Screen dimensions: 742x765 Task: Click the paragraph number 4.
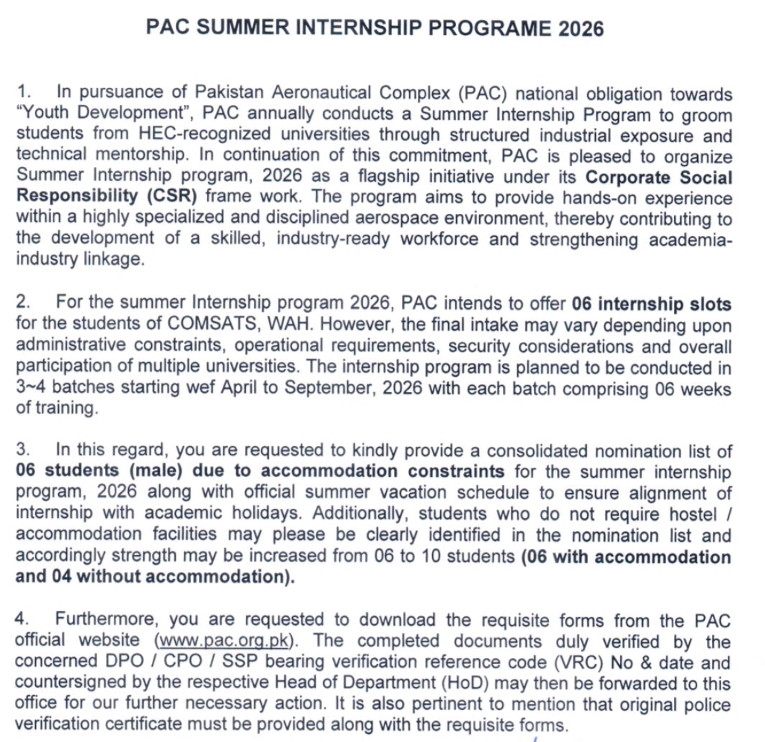click(x=22, y=620)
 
